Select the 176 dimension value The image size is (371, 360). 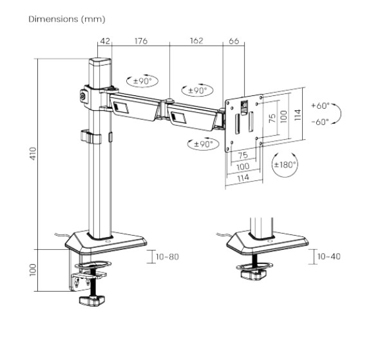(x=140, y=41)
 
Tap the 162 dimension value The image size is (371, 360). (x=196, y=41)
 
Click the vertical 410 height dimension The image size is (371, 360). (x=32, y=153)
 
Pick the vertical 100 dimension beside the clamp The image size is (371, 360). (x=32, y=267)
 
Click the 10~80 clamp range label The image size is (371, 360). (x=167, y=257)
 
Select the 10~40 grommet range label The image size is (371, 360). (x=329, y=257)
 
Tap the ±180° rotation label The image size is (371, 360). (x=285, y=165)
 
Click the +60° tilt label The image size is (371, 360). (x=319, y=105)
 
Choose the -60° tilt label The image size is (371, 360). (x=319, y=120)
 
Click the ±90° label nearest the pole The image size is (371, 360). (x=142, y=82)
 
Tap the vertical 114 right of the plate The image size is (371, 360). (x=297, y=115)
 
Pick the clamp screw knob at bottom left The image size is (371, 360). (x=91, y=300)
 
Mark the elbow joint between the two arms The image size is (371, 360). (x=169, y=101)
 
